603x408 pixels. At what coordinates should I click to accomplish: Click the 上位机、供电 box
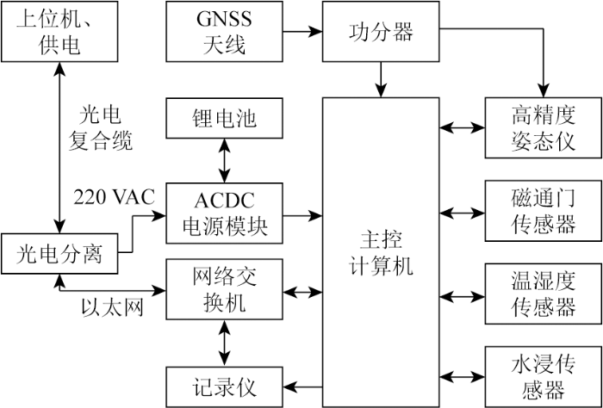click(59, 31)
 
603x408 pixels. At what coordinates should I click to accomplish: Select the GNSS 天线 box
click(224, 31)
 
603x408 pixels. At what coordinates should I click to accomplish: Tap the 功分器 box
click(381, 31)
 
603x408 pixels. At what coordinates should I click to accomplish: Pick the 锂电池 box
click(224, 118)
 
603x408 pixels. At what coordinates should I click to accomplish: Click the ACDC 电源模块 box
click(224, 213)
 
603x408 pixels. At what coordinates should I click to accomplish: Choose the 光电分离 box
click(59, 253)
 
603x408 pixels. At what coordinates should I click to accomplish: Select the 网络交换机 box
click(224, 289)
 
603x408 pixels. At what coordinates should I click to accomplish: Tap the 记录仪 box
click(224, 386)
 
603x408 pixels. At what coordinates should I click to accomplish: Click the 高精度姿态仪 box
click(544, 127)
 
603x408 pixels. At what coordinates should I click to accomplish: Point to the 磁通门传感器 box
click(544, 211)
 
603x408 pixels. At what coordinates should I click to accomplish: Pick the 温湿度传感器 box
click(544, 294)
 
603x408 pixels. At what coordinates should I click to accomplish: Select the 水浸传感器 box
click(544, 377)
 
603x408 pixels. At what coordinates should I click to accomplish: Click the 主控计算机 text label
click(381, 254)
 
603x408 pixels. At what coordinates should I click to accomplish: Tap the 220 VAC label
click(114, 197)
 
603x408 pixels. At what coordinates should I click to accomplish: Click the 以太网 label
click(112, 308)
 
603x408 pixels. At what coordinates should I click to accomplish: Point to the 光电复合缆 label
click(101, 129)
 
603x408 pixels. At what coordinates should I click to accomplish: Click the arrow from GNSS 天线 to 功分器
click(302, 31)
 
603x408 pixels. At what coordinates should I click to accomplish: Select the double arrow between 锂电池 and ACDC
click(224, 160)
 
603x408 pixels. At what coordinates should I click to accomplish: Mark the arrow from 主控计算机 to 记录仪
click(302, 386)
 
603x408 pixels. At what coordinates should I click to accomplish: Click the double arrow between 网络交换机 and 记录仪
click(224, 343)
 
